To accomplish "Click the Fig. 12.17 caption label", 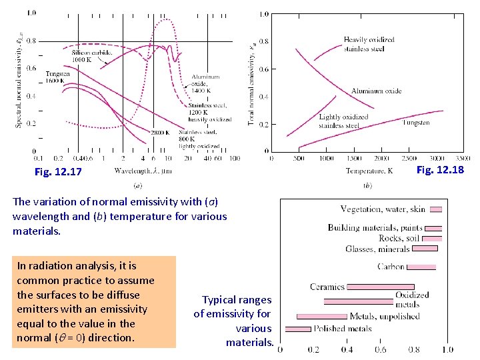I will (x=58, y=172).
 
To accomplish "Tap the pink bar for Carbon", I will (x=421, y=267).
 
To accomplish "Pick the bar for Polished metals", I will (x=298, y=329).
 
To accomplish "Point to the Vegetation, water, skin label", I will (x=382, y=209).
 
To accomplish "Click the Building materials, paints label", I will (x=375, y=228).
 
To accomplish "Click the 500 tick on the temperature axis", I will (x=299, y=159).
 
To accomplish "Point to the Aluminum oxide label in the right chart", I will (x=376, y=91).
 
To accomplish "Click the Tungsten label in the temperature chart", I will (x=416, y=123).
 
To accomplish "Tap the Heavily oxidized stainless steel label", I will (x=369, y=44).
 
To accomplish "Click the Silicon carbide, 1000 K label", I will (x=91, y=55).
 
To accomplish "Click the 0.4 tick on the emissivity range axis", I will (x=347, y=349).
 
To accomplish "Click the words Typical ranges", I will (x=237, y=300).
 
